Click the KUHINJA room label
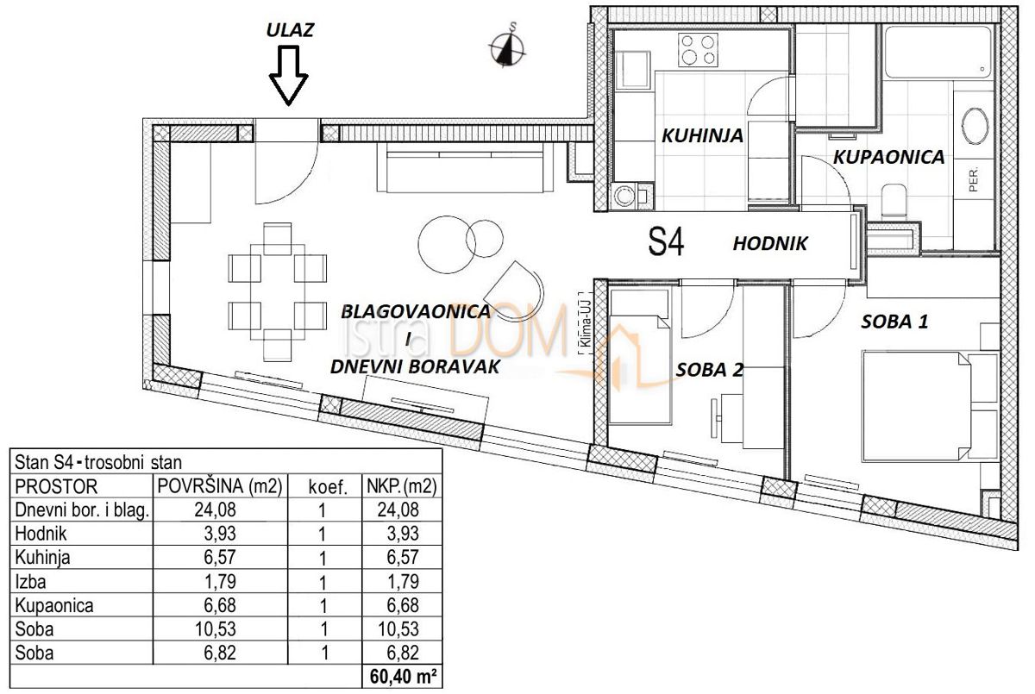coord(703,135)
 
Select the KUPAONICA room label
coord(888,157)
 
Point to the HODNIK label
coord(769,244)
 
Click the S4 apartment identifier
coord(666,244)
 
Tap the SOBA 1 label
coord(894,323)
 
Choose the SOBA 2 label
coord(709,371)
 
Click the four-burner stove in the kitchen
coord(698,49)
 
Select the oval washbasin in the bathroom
coord(975,126)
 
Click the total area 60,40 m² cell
coord(400,677)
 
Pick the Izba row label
coord(31,582)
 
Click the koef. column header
coord(328,487)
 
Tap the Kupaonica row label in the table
coord(48,606)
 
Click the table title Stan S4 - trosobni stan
coord(100,463)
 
